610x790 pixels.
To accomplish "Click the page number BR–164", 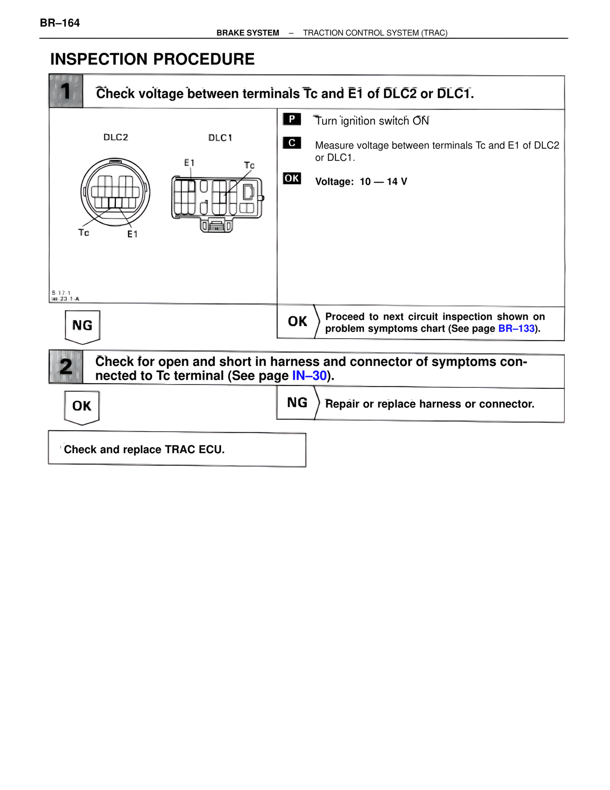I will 60,23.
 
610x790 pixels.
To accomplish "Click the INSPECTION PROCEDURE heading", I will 152,59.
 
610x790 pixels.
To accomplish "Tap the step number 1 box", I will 66,91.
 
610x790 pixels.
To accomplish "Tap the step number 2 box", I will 66,367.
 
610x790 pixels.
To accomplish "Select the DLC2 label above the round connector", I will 116,137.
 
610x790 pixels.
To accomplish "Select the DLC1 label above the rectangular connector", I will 220,138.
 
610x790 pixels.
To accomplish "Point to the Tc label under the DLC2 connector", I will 84,232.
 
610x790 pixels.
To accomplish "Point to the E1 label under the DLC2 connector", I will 132,234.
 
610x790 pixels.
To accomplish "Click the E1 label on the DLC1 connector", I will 189,163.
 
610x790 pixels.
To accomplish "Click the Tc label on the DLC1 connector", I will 249,166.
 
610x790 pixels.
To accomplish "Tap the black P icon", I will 292,119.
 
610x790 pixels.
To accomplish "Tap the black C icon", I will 292,143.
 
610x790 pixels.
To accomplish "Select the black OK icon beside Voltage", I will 292,178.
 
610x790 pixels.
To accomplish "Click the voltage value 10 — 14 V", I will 383,182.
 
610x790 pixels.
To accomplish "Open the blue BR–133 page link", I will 516,329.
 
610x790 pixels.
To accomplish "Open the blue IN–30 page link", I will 309,376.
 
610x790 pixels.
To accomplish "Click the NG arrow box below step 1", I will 82,326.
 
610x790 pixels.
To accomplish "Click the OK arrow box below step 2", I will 82,406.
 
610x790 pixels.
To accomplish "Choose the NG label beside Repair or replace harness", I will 297,403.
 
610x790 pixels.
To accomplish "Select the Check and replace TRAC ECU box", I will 177,449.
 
